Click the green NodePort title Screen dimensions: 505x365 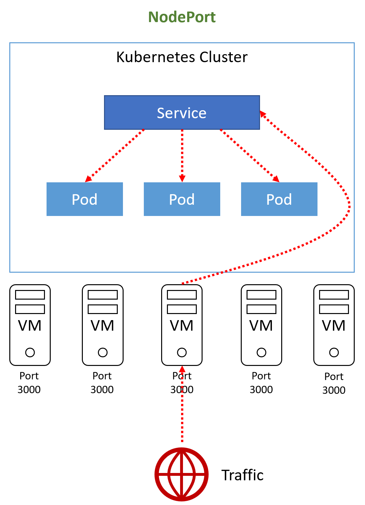pyautogui.click(x=182, y=17)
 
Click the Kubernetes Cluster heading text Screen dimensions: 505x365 pyautogui.click(x=182, y=57)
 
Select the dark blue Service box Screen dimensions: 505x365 pyautogui.click(x=182, y=112)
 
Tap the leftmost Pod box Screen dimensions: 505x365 pyautogui.click(x=84, y=199)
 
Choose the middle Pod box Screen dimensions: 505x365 pyautogui.click(x=182, y=199)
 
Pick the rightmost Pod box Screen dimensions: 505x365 pyautogui.click(x=279, y=199)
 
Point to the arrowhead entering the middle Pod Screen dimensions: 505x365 pyautogui.click(x=182, y=178)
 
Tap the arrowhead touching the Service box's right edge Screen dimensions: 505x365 pyautogui.click(x=263, y=113)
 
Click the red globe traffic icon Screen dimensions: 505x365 pyautogui.click(x=182, y=474)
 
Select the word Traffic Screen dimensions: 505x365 pyautogui.click(x=242, y=475)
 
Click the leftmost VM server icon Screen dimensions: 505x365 pyautogui.click(x=30, y=325)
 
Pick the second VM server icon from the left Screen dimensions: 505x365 pyautogui.click(x=102, y=325)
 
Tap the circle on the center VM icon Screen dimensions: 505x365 pyautogui.click(x=182, y=352)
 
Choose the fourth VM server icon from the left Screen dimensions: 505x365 pyautogui.click(x=261, y=325)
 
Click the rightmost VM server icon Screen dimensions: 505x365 pyautogui.click(x=334, y=325)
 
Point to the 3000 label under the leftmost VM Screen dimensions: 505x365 pyautogui.click(x=29, y=390)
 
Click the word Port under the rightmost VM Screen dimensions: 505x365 pyautogui.click(x=334, y=377)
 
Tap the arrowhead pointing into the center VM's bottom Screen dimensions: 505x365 pyautogui.click(x=182, y=369)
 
